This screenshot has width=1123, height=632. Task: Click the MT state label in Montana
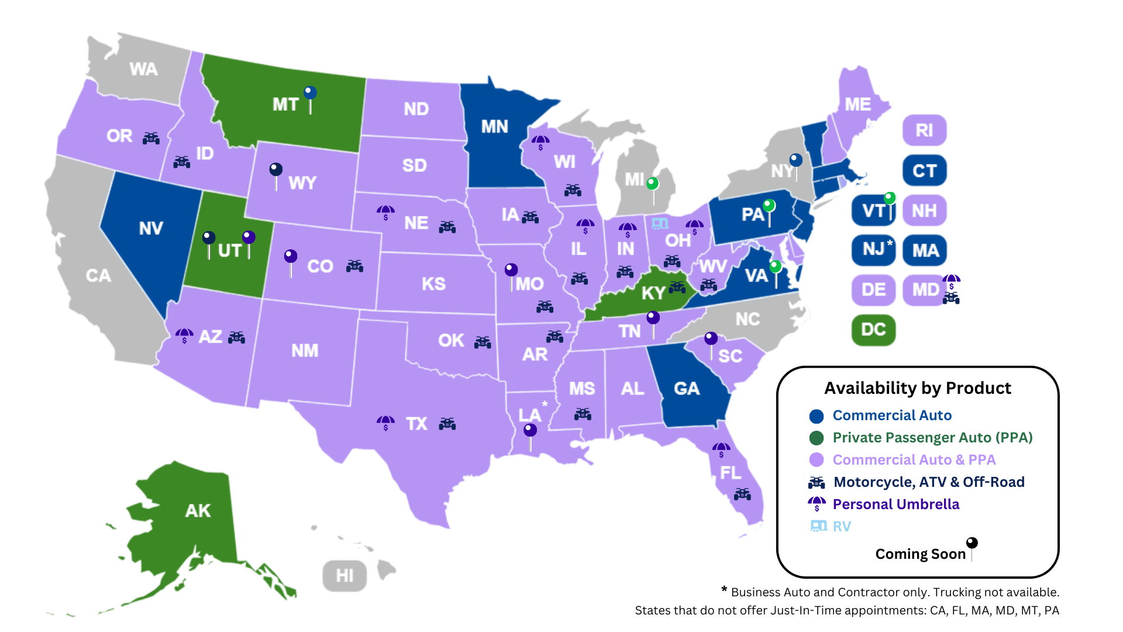pyautogui.click(x=285, y=105)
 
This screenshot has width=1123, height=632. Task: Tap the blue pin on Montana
pyautogui.click(x=310, y=93)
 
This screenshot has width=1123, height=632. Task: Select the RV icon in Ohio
pyautogui.click(x=660, y=224)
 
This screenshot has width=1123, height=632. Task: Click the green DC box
pyautogui.click(x=873, y=329)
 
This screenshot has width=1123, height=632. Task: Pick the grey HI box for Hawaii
pyautogui.click(x=345, y=576)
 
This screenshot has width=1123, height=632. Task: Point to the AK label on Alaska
pyautogui.click(x=198, y=511)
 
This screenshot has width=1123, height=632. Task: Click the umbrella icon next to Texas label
pyautogui.click(x=385, y=423)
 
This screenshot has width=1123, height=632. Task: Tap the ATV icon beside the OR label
pyautogui.click(x=151, y=138)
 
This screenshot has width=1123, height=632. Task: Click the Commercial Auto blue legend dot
pyautogui.click(x=817, y=416)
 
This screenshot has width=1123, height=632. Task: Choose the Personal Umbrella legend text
pyautogui.click(x=895, y=504)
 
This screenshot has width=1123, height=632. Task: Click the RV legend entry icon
pyautogui.click(x=818, y=526)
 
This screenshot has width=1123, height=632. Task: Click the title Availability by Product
pyautogui.click(x=917, y=388)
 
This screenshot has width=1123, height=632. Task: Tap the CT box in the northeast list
pyautogui.click(x=924, y=171)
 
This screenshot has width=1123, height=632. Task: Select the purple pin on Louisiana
pyautogui.click(x=530, y=431)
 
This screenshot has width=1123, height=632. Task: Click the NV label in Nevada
pyautogui.click(x=151, y=228)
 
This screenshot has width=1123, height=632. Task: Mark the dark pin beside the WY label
pyautogui.click(x=275, y=170)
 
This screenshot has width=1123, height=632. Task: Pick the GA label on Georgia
pyautogui.click(x=686, y=389)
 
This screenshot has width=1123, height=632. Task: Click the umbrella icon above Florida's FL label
pyautogui.click(x=721, y=449)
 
